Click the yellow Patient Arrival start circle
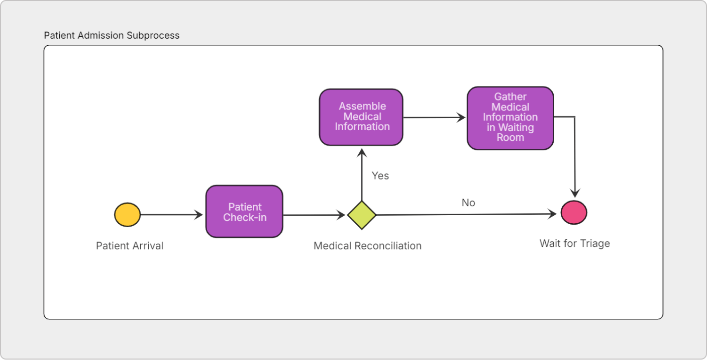tap(127, 215)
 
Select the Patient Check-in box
tap(244, 212)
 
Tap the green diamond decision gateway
tap(362, 215)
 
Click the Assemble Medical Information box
tap(361, 117)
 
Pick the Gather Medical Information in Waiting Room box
tap(510, 118)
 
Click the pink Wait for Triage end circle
tap(574, 212)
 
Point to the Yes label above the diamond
tap(380, 175)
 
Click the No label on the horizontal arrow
tap(468, 203)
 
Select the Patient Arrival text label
tap(130, 246)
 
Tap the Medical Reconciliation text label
tap(367, 246)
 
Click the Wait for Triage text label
tap(575, 243)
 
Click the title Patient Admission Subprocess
tap(112, 36)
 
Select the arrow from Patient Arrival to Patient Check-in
tap(171, 215)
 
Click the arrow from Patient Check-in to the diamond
tap(314, 215)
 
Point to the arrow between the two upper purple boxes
tap(435, 118)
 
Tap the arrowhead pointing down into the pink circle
tap(575, 194)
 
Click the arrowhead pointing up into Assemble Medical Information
tap(362, 152)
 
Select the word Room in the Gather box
tap(510, 137)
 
